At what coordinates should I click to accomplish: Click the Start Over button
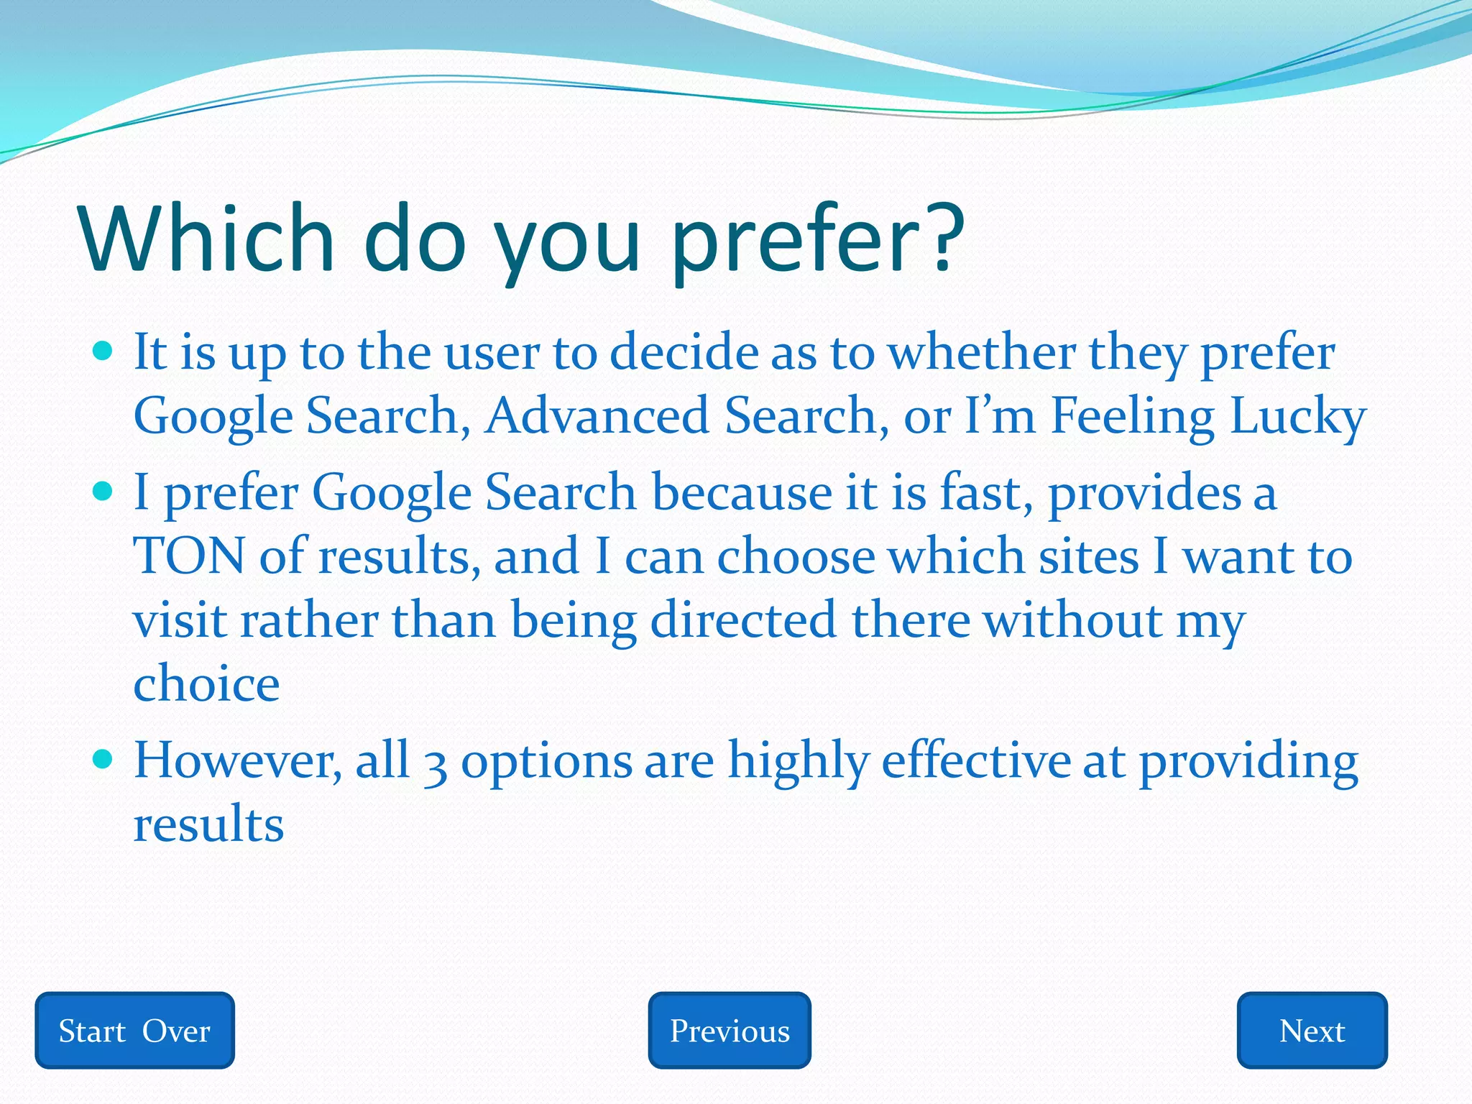click(134, 1031)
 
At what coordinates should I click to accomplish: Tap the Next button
click(1312, 1031)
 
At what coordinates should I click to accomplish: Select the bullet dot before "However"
click(103, 760)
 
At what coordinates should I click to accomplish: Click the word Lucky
click(1297, 418)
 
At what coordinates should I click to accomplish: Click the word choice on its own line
click(206, 684)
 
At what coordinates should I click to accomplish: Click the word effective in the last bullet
click(975, 761)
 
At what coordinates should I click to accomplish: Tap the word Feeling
click(1132, 418)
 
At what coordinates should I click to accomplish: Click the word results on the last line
click(208, 824)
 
